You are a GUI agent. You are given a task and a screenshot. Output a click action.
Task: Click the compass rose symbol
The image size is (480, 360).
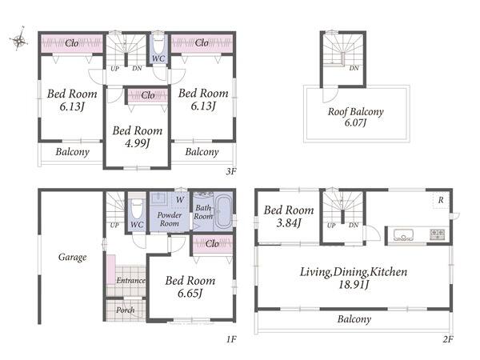pyautogui.click(x=19, y=39)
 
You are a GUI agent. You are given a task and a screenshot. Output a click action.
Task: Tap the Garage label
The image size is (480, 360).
pyautogui.click(x=72, y=257)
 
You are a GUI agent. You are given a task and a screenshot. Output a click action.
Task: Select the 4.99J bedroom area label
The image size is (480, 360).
pyautogui.click(x=138, y=143)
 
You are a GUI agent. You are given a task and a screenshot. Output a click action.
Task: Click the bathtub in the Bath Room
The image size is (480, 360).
pyautogui.click(x=222, y=211)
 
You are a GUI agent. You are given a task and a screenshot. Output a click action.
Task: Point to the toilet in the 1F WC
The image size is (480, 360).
pyautogui.click(x=137, y=207)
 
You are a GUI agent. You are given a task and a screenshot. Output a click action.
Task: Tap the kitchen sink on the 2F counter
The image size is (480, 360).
pyautogui.click(x=403, y=234)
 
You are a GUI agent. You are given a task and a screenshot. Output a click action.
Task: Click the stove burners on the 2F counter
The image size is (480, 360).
pyautogui.click(x=437, y=234)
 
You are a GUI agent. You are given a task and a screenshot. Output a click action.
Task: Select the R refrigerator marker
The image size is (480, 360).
pyautogui.click(x=441, y=200)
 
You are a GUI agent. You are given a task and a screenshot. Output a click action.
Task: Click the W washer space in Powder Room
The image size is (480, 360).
pyautogui.click(x=180, y=200)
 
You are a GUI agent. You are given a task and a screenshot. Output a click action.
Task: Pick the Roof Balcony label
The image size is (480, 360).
pyautogui.click(x=356, y=112)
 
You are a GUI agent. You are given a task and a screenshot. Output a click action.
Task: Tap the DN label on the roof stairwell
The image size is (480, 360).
pyautogui.click(x=354, y=68)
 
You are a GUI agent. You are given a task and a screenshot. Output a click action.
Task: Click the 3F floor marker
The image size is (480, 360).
pyautogui.click(x=231, y=171)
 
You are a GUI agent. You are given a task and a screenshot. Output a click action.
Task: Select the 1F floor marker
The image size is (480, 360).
pyautogui.click(x=231, y=339)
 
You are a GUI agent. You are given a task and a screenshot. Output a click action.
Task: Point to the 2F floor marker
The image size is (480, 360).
pyautogui.click(x=447, y=339)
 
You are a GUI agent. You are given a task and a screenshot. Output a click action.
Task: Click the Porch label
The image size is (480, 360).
pyautogui.click(x=126, y=310)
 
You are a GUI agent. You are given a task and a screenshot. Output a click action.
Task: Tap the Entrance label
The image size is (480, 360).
pyautogui.click(x=130, y=280)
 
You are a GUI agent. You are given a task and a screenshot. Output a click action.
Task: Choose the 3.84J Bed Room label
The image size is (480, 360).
pyautogui.click(x=289, y=216)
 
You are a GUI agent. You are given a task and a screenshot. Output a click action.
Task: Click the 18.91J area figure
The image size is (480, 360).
pyautogui.click(x=354, y=285)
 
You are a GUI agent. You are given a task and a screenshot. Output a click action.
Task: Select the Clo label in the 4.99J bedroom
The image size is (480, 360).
pyautogui.click(x=148, y=95)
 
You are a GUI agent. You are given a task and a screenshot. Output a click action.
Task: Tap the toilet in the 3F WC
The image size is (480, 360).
pyautogui.click(x=158, y=46)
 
